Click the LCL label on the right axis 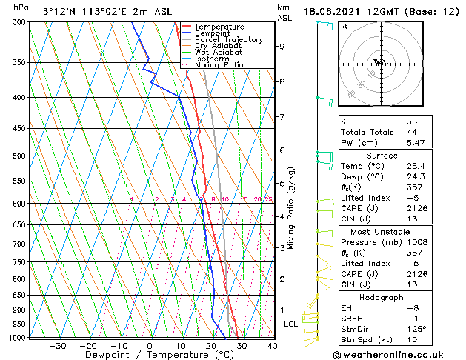pos(290,324)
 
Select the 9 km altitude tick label pos(282,46)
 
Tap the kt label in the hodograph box pos(344,27)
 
